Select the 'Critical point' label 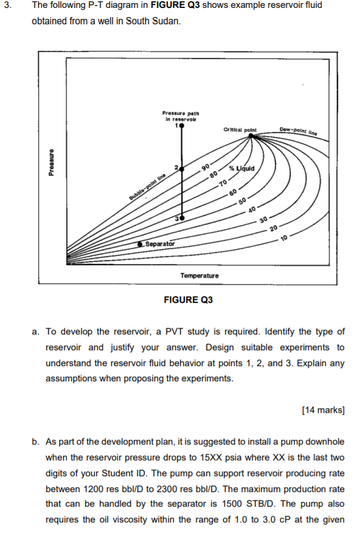point(240,130)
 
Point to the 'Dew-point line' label point(299,130)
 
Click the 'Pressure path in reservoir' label point(181,116)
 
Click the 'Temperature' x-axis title point(199,276)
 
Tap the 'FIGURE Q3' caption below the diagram point(189,299)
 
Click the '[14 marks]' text point(323,409)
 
